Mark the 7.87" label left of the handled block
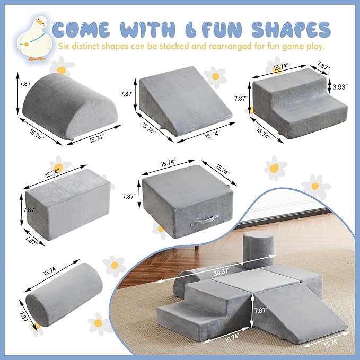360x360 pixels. click(x=128, y=197)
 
